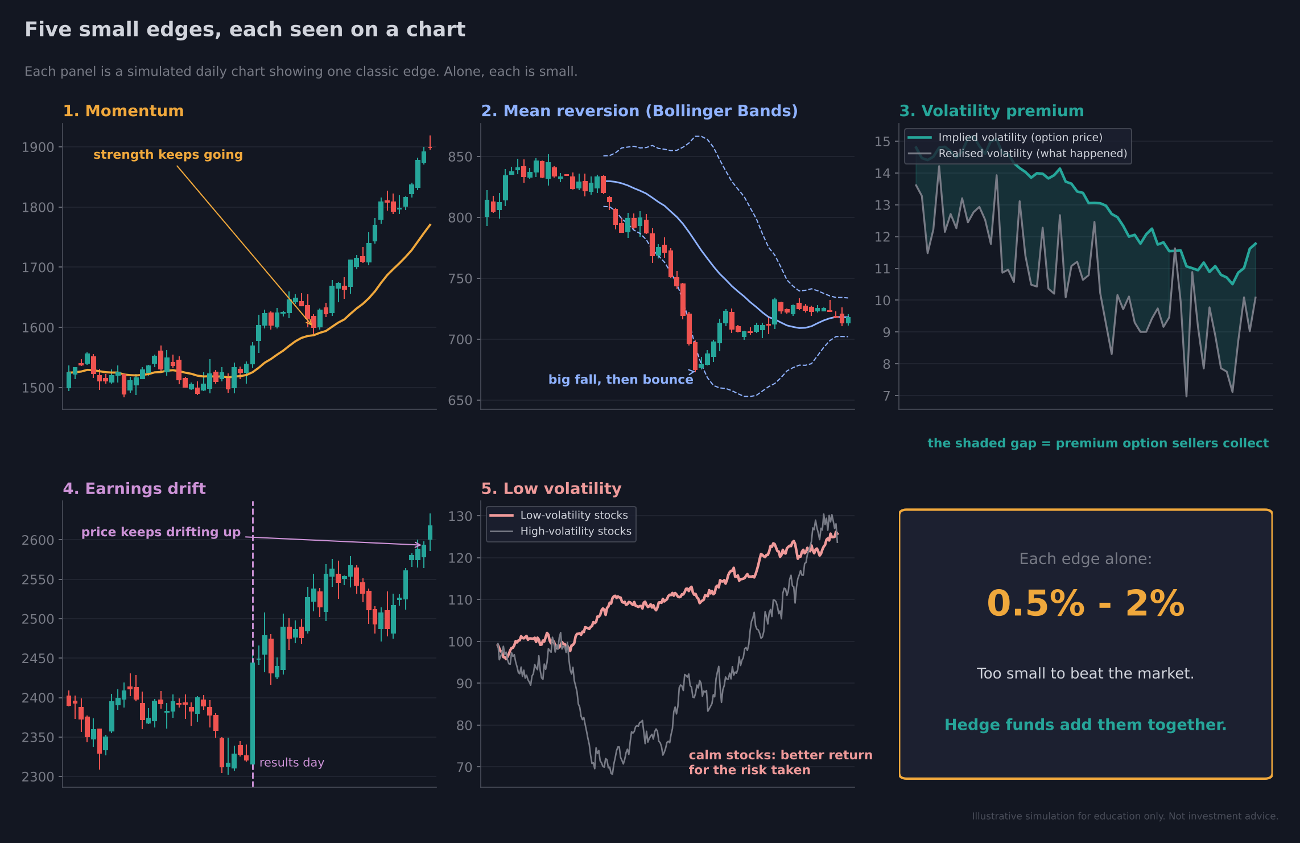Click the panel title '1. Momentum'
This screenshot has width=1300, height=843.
point(123,111)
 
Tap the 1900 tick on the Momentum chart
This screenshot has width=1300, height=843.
point(38,147)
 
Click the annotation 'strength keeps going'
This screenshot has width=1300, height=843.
point(168,155)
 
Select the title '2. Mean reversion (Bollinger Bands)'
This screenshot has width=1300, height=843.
point(639,111)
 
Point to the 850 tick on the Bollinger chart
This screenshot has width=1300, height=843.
point(460,157)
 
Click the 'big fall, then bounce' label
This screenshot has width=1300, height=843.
point(621,380)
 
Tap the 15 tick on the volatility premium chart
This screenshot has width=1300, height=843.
point(882,142)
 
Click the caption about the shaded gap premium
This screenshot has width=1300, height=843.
point(1098,443)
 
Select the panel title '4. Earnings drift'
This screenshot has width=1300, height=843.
point(134,489)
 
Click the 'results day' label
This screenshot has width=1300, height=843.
point(292,763)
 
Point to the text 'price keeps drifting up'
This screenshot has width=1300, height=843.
point(161,532)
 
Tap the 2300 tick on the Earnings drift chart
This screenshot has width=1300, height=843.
point(38,777)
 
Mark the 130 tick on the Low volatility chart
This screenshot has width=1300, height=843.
point(460,517)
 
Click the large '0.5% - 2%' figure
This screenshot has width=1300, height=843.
point(1086,604)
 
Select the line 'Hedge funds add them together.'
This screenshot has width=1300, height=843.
point(1086,725)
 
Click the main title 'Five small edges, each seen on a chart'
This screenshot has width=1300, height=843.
point(245,30)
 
